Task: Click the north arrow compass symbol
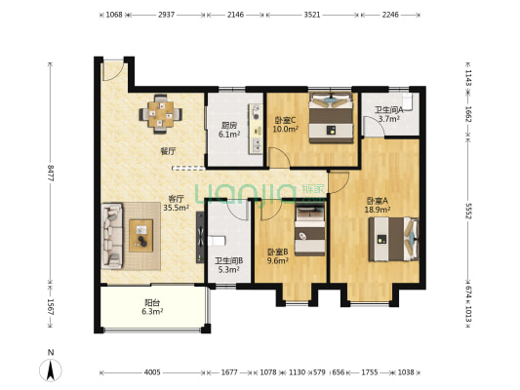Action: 51,370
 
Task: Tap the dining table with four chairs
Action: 161,114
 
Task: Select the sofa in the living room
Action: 112,236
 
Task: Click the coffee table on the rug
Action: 141,236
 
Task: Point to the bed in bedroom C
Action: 331,118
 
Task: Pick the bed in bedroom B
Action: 309,231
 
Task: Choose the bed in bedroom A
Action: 393,239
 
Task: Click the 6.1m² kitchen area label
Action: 229,135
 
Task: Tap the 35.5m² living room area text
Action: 176,208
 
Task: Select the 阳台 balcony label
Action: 152,302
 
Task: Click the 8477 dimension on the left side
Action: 51,173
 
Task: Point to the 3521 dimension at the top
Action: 312,15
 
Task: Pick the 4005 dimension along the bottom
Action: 152,372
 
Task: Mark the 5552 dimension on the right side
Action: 468,211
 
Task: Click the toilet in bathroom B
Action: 217,240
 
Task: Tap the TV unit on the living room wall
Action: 200,237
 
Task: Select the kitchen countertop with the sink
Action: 256,129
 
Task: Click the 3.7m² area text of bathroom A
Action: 389,119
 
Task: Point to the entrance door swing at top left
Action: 113,70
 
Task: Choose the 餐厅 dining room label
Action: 168,151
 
